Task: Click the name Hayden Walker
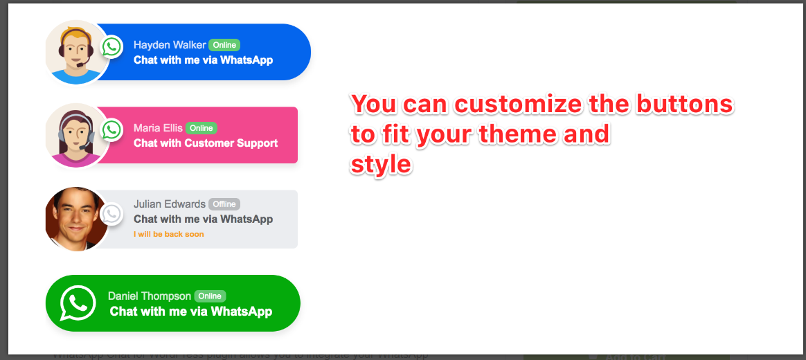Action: (170, 45)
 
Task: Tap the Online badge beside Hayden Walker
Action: (224, 45)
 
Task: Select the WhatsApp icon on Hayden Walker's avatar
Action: (111, 47)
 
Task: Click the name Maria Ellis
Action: (158, 128)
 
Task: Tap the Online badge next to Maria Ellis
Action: (201, 128)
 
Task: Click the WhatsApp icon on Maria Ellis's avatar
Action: (111, 129)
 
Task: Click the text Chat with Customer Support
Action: (206, 143)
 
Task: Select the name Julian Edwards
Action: (169, 204)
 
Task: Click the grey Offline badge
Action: (224, 204)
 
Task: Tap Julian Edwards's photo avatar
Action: (73, 219)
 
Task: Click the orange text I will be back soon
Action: (168, 234)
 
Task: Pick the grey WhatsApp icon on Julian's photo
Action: (111, 213)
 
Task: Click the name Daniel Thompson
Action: (150, 296)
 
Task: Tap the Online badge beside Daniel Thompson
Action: (210, 296)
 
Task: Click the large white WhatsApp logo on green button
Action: (78, 303)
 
